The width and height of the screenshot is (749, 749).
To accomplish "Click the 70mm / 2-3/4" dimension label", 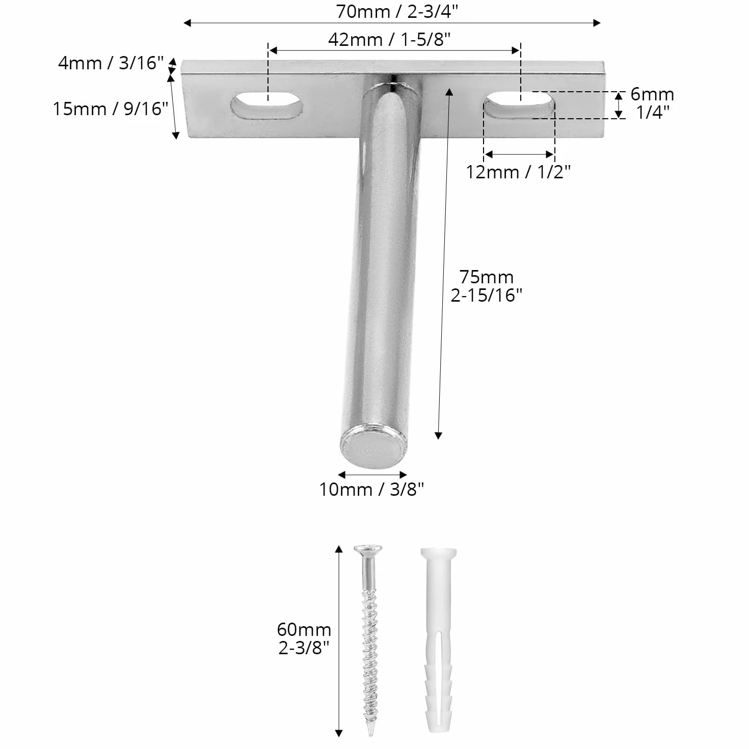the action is click(397, 11).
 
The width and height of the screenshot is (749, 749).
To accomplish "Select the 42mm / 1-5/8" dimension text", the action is click(389, 39).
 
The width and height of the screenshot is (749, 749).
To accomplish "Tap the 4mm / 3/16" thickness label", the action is click(111, 63).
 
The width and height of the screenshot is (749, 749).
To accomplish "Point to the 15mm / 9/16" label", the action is click(111, 109).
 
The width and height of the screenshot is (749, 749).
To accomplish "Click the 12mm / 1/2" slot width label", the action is click(518, 172).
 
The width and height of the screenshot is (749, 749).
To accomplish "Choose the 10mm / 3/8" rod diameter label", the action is click(371, 489).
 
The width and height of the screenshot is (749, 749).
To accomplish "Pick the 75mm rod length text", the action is click(486, 277).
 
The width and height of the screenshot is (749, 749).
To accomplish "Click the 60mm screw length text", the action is click(304, 629).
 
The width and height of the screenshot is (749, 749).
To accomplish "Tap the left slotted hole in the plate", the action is click(266, 105).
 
